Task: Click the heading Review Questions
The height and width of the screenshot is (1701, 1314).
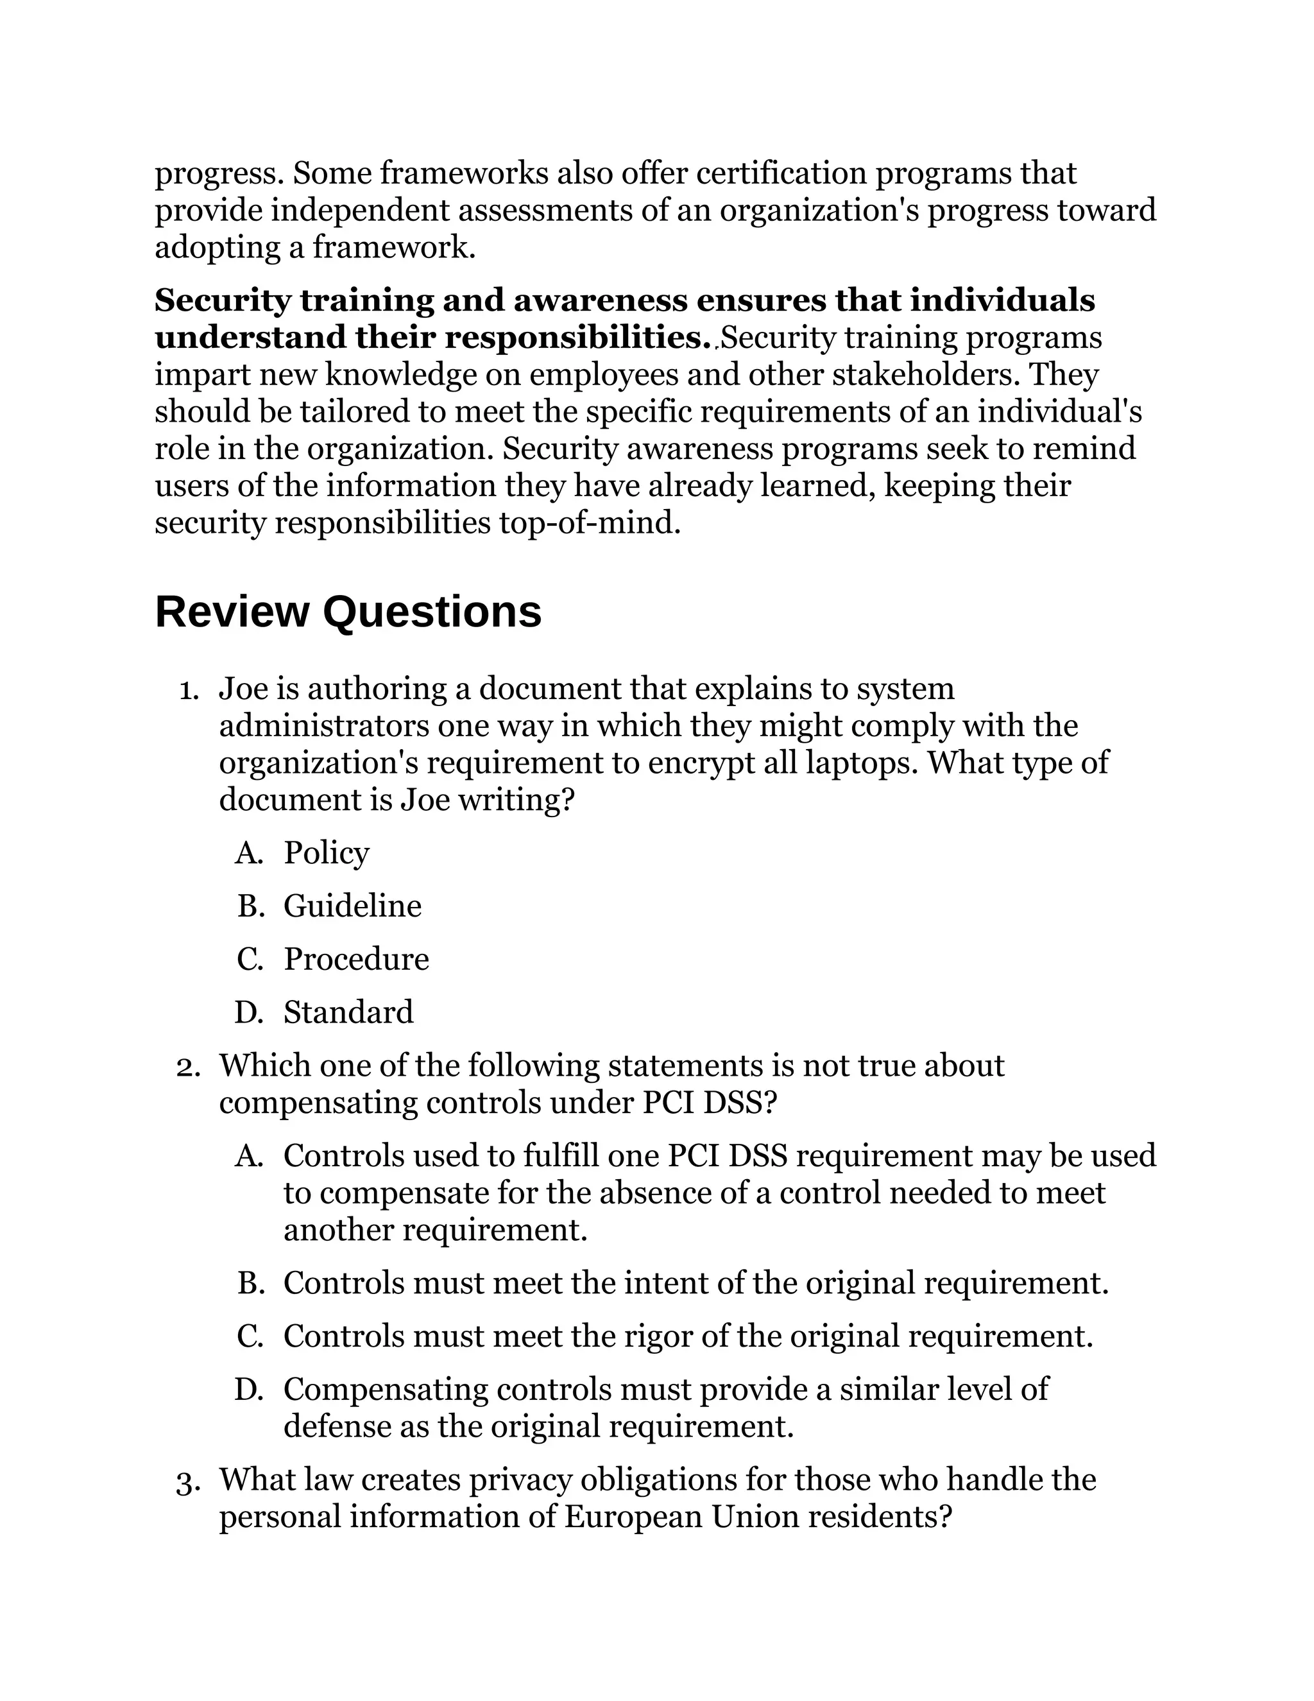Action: (x=348, y=612)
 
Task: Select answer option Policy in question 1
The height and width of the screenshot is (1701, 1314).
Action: (x=325, y=853)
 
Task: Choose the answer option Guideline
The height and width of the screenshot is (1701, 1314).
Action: (x=352, y=906)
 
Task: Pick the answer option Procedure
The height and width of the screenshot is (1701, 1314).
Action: (x=355, y=959)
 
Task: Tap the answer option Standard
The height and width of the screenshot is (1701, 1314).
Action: (x=348, y=1012)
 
